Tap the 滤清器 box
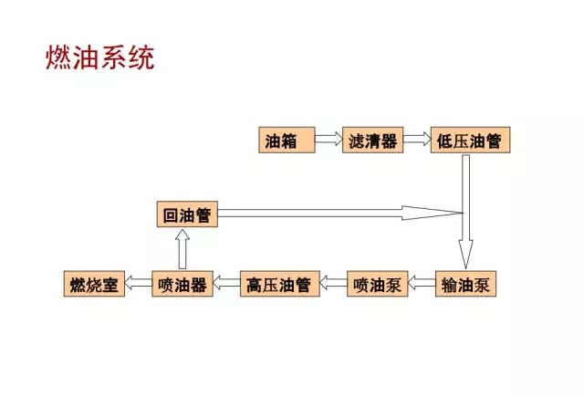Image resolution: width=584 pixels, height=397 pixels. [x=372, y=141]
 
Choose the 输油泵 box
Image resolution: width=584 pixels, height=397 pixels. [x=465, y=284]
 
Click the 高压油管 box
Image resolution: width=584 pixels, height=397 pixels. [x=278, y=284]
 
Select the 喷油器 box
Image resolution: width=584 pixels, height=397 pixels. [x=182, y=284]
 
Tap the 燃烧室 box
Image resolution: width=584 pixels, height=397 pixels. [x=93, y=284]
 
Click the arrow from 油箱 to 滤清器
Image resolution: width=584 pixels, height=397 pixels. [x=327, y=141]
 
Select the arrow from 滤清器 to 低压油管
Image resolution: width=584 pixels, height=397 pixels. [x=416, y=141]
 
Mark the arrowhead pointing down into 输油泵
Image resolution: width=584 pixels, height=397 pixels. [x=465, y=253]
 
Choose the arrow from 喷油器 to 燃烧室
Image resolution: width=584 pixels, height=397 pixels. [x=139, y=284]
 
